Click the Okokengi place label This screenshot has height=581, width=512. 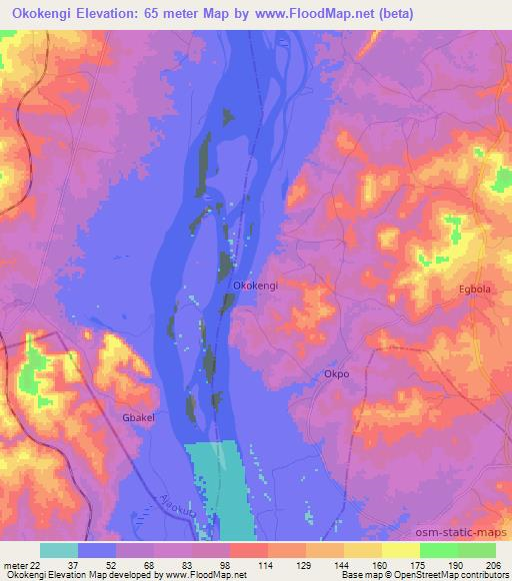tap(255, 286)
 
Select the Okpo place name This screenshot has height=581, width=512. tap(336, 374)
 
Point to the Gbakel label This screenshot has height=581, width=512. tap(138, 418)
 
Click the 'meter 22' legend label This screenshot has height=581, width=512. tap(22, 564)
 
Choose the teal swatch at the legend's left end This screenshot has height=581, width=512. tap(59, 550)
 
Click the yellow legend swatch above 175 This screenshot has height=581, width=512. tap(400, 550)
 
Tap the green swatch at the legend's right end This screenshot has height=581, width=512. tap(477, 550)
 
